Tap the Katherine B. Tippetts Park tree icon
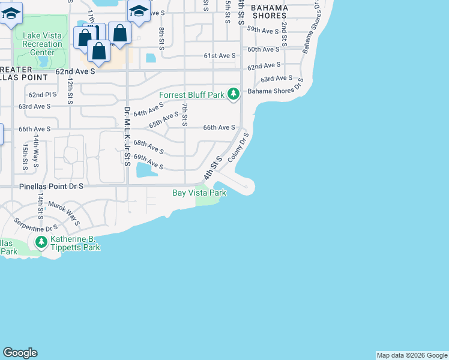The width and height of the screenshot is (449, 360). click(x=41, y=242)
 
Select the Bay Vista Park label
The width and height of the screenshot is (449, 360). click(x=199, y=193)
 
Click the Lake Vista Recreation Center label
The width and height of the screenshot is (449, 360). click(x=42, y=44)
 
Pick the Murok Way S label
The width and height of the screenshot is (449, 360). click(x=64, y=212)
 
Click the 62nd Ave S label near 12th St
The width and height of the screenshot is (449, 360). click(x=76, y=71)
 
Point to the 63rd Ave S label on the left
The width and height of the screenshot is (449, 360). click(x=34, y=106)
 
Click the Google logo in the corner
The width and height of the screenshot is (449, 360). click(x=20, y=353)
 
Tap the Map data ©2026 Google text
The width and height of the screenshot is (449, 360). click(x=412, y=355)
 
